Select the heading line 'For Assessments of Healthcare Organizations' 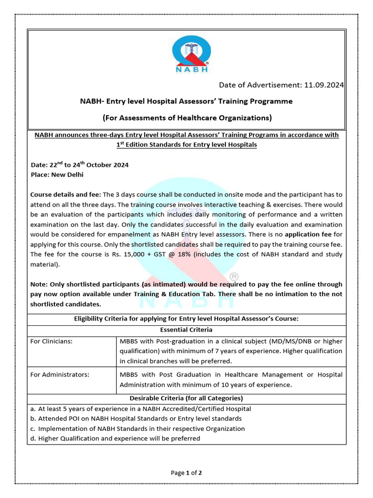click(186, 118)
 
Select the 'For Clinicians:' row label click(51, 341)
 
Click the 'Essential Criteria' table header click(186, 329)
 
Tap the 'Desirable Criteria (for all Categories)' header click(186, 398)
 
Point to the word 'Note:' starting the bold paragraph click(40, 284)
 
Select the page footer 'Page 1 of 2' click(186, 473)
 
